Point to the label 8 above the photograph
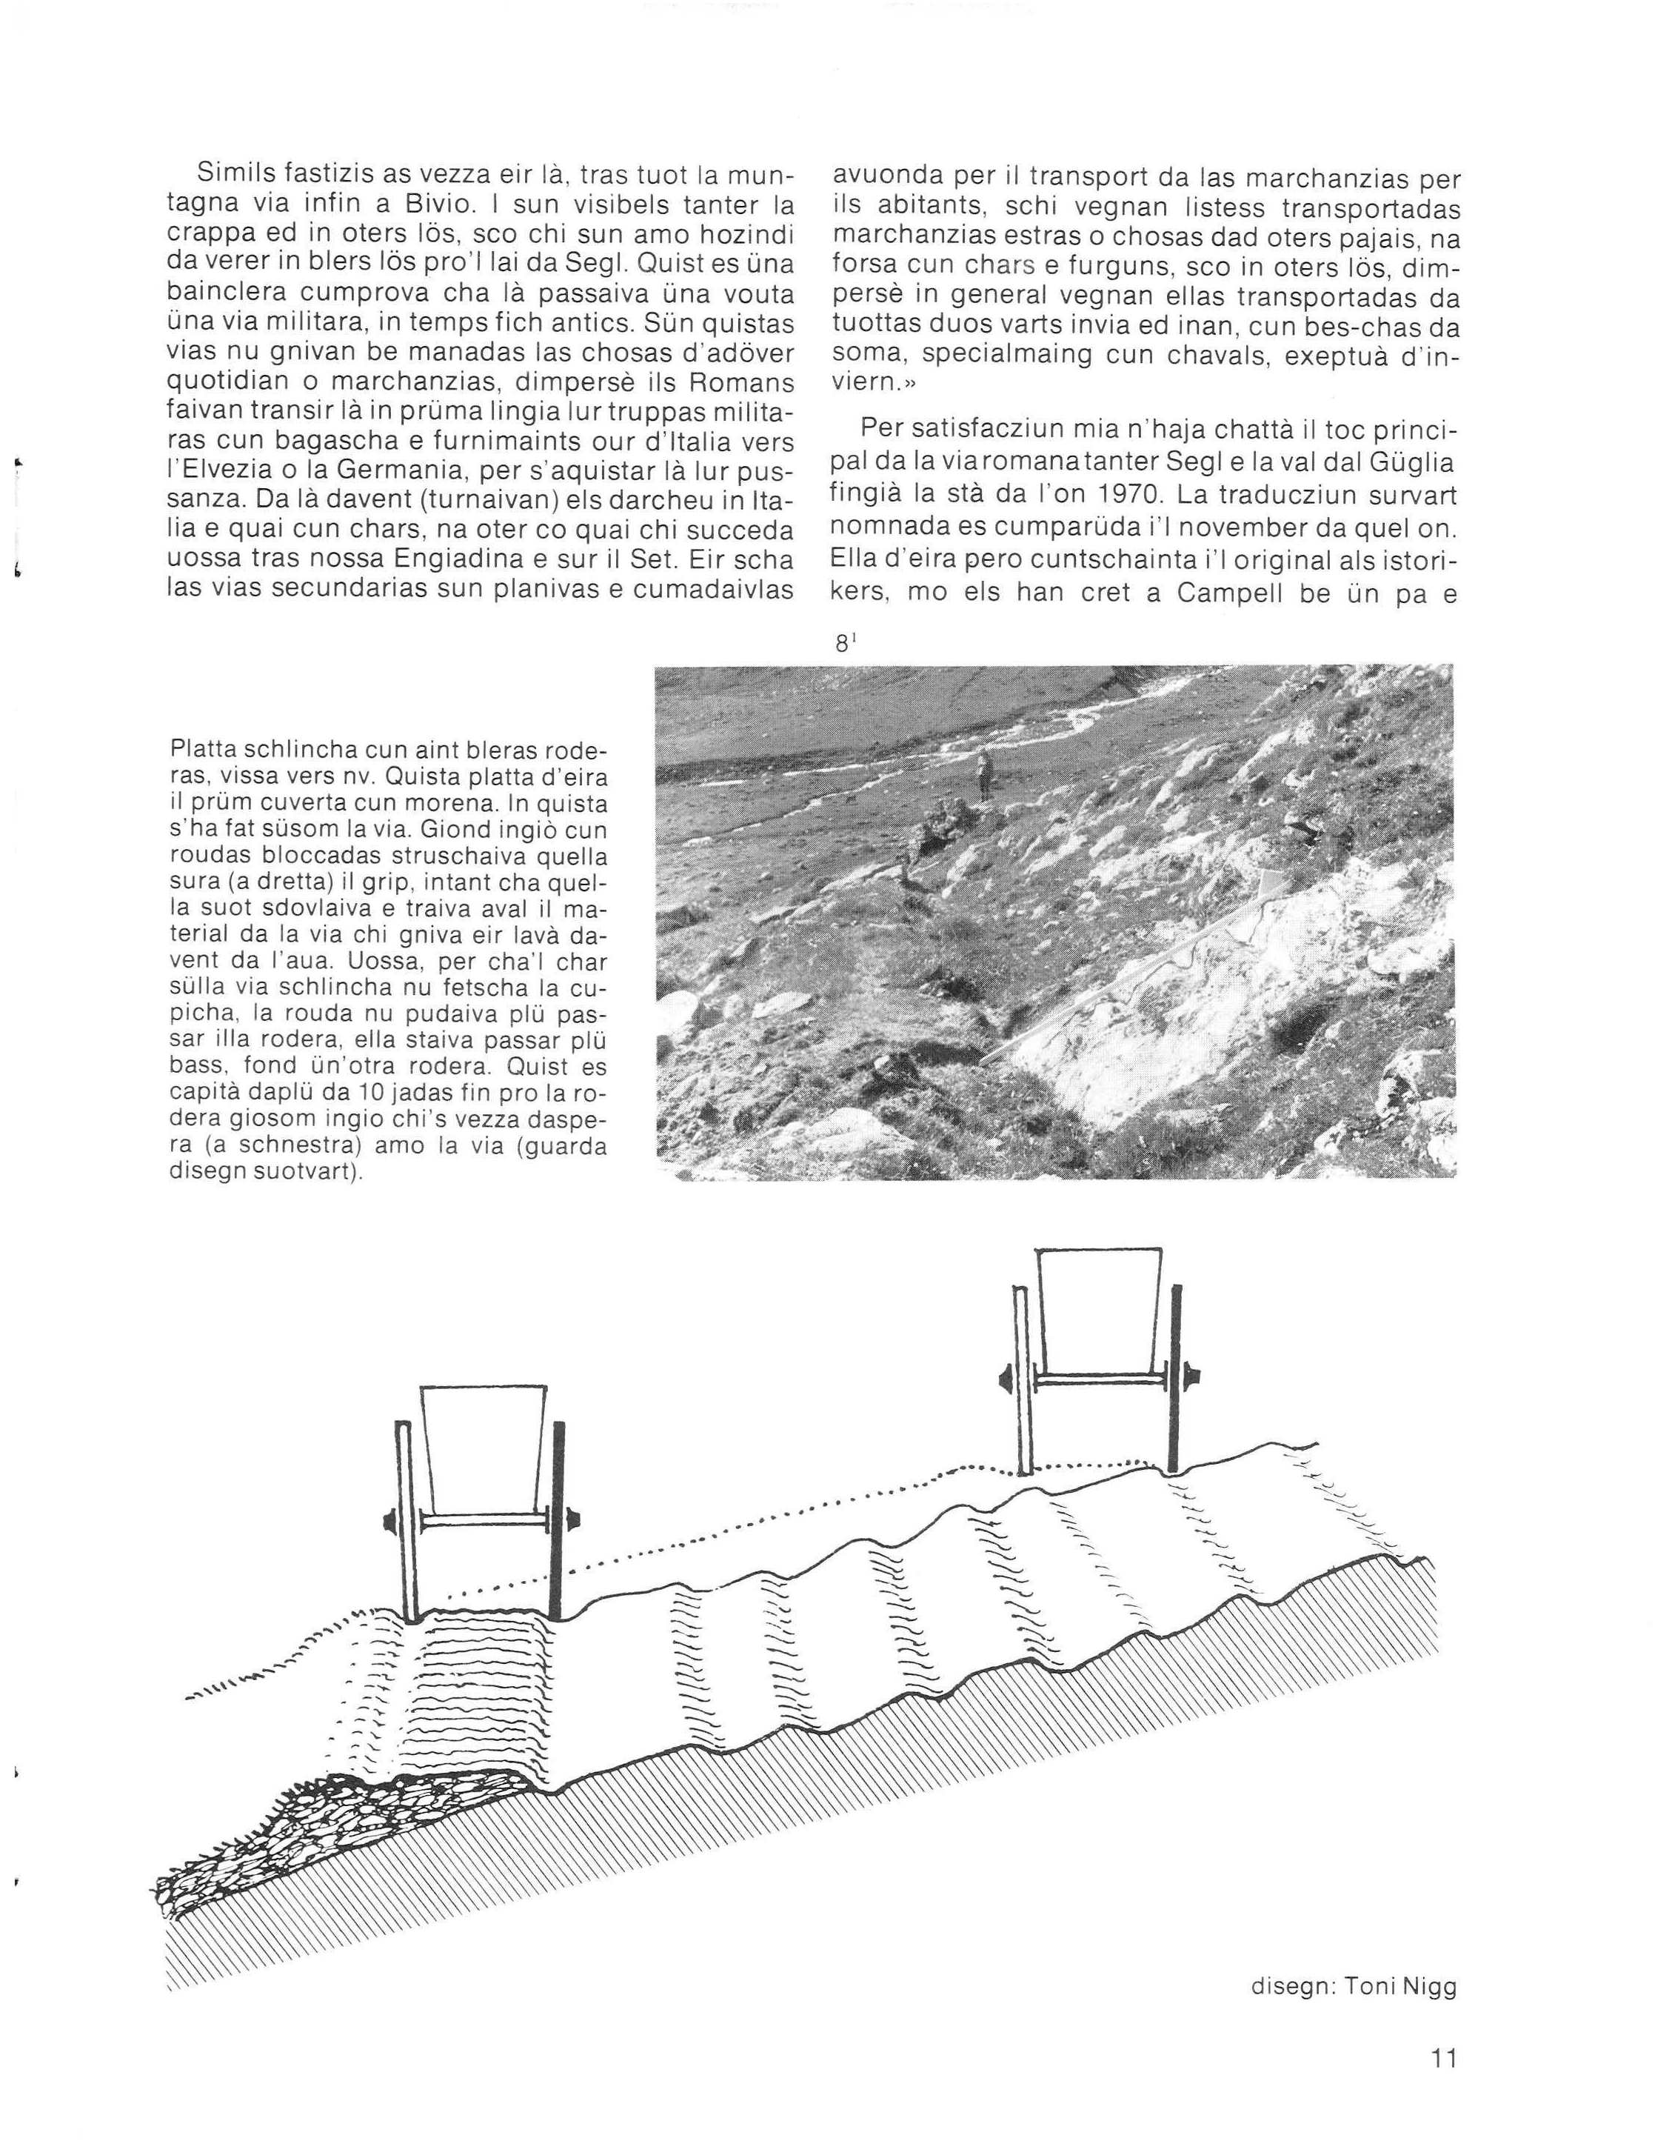843,643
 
